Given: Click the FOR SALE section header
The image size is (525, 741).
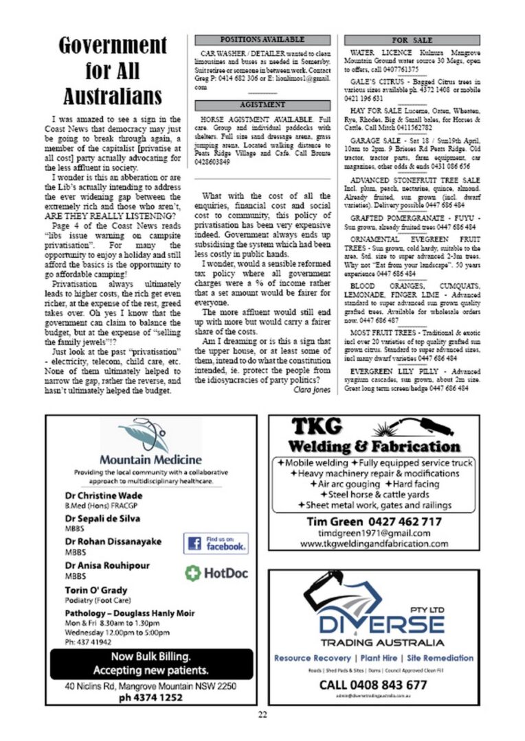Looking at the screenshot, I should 412,40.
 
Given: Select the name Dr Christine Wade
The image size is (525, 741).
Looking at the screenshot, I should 104,495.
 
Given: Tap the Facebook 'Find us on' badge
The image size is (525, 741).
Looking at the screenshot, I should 216,543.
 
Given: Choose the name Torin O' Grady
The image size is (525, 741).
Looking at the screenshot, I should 96,590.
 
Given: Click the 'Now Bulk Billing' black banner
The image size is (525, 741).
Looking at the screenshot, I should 150,663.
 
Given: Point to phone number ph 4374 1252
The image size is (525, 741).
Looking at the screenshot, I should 150,697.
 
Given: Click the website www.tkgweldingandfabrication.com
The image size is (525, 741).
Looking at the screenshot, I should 374,543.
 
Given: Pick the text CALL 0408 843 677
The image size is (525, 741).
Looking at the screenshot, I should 373,685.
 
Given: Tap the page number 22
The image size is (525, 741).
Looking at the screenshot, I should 262,714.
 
